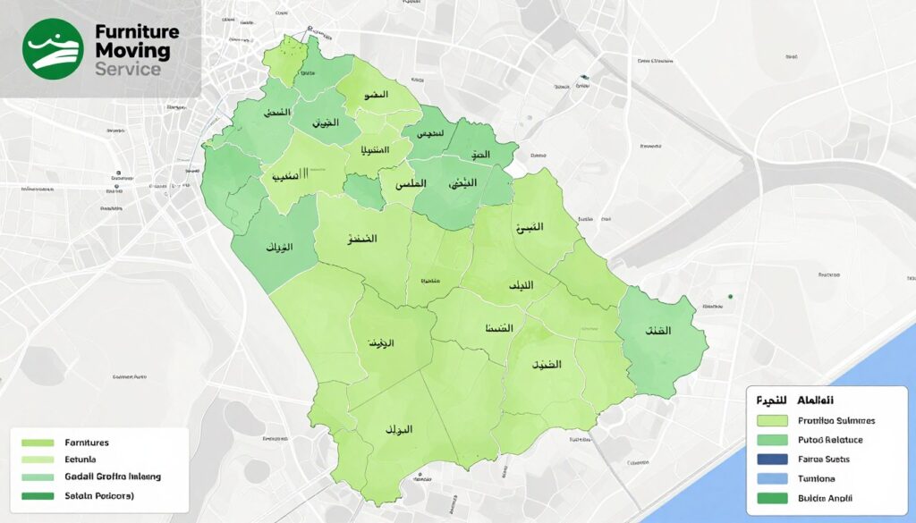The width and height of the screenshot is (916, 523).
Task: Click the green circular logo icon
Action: point(53,49)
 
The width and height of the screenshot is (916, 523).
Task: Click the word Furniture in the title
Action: point(137,31)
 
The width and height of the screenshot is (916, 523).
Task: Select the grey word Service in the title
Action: point(127,69)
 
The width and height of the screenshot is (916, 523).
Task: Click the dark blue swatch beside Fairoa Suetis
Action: point(771,460)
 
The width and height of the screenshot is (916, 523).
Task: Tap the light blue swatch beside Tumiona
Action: point(771,478)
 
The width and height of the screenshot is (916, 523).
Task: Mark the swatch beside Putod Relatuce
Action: point(771,440)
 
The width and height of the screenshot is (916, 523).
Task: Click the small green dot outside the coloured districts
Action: point(731,297)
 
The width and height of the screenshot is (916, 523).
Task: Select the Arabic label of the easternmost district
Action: point(657,331)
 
